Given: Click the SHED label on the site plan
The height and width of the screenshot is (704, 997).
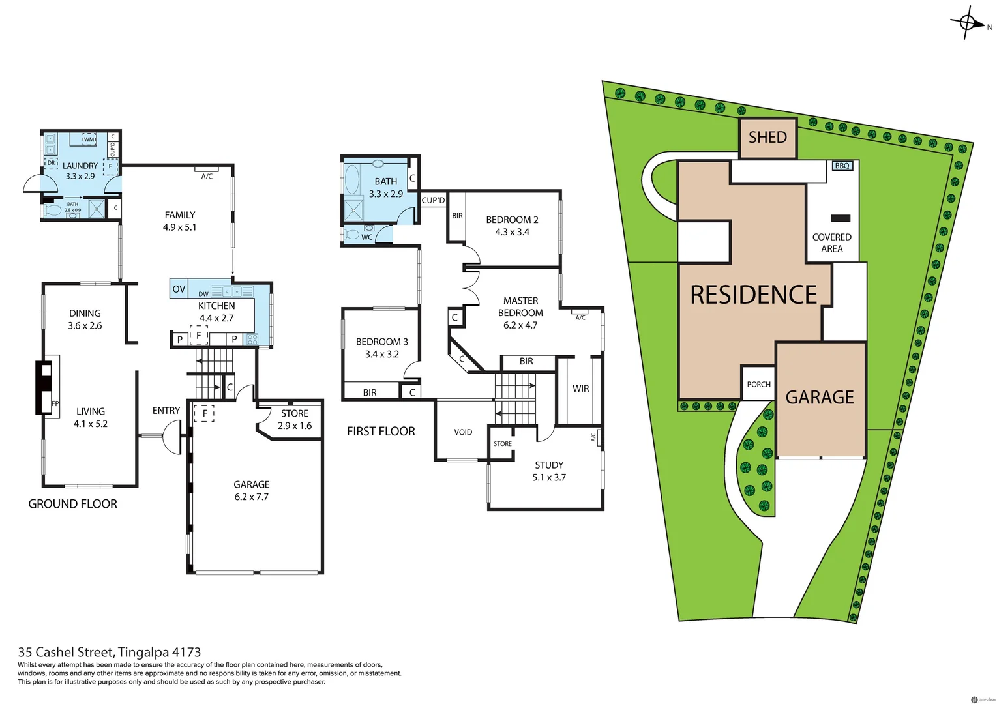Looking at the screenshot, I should click(x=767, y=138).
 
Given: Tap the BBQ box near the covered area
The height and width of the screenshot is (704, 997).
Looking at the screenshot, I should click(x=842, y=166).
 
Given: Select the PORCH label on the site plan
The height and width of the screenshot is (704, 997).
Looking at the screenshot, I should click(x=758, y=385).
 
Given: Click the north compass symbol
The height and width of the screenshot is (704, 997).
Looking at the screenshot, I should click(x=968, y=24).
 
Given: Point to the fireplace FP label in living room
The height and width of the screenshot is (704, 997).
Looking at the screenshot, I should click(x=55, y=403).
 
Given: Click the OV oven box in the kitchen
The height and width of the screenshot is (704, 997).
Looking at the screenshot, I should click(x=179, y=289).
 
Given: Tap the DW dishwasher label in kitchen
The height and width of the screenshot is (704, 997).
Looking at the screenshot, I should click(x=203, y=294).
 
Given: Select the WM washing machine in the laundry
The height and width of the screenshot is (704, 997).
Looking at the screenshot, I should click(x=89, y=139).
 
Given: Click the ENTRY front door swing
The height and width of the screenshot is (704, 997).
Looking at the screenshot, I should click(x=172, y=437).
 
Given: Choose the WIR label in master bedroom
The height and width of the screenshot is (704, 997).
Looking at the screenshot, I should click(x=580, y=389).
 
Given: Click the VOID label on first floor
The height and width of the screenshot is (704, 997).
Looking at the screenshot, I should click(x=463, y=432).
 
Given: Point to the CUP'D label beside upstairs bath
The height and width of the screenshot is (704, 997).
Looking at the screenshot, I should click(x=433, y=200).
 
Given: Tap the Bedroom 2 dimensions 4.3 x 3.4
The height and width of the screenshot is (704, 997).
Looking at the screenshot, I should click(x=512, y=232).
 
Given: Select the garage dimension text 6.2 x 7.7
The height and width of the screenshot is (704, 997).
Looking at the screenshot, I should click(x=251, y=497).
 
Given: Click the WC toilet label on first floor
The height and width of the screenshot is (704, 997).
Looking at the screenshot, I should click(x=366, y=237).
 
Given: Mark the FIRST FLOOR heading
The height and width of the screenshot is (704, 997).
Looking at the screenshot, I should click(x=381, y=432).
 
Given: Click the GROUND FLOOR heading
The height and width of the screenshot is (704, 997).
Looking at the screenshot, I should click(x=72, y=504).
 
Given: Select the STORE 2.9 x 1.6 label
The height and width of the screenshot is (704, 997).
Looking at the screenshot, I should click(x=294, y=420).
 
